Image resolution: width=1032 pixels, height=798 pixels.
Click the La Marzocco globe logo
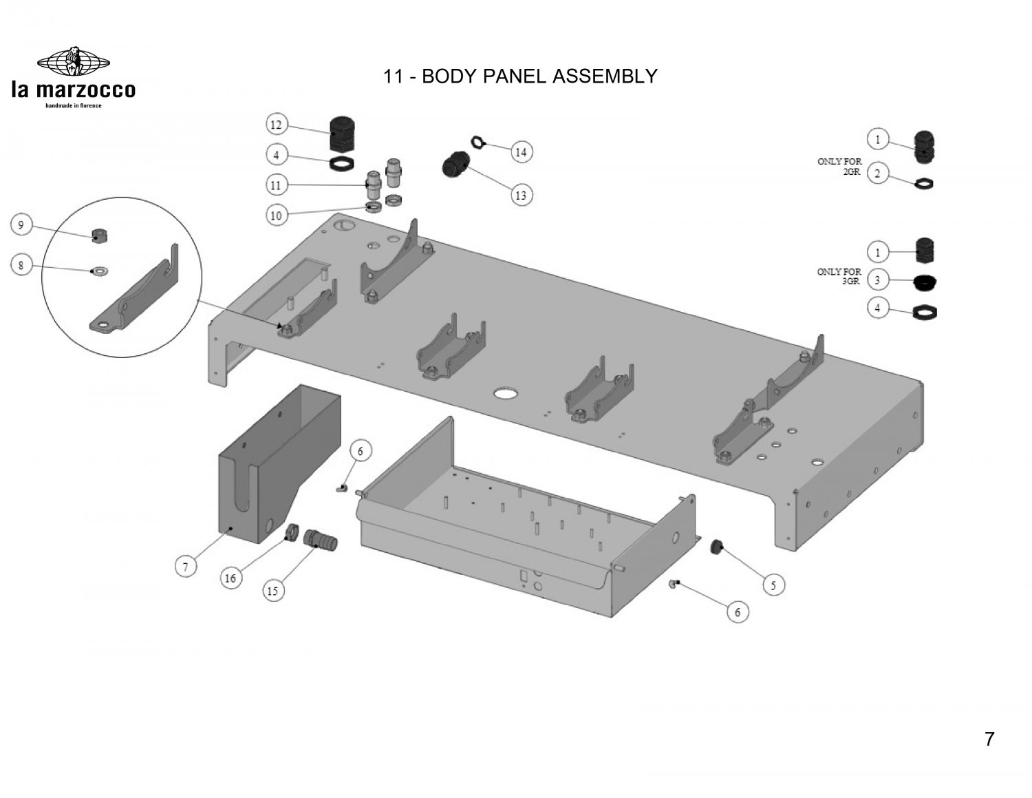coord(73,62)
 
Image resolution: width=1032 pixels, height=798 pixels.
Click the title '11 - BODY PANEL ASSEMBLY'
coord(520,76)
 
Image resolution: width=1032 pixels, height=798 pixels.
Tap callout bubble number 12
coord(276,125)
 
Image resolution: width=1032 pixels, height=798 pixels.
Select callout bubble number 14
coord(521,151)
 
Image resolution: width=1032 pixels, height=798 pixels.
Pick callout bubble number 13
coord(521,196)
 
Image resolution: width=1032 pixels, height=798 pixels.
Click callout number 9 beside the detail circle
coord(21,224)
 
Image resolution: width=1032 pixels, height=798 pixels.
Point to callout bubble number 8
coord(21,266)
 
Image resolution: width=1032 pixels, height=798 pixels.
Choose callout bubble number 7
coord(185,567)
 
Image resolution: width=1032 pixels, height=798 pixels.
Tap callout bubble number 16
coord(230,578)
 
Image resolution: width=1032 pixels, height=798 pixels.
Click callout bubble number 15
coord(273,591)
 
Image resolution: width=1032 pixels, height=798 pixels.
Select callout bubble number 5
coord(773,585)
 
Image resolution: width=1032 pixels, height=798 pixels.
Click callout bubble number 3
coord(877,280)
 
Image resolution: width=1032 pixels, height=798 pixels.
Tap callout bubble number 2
coord(877,174)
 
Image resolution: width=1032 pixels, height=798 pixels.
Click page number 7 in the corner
coord(989,739)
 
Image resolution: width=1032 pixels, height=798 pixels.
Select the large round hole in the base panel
coord(508,394)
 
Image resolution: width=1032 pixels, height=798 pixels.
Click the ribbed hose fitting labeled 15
coord(321,539)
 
